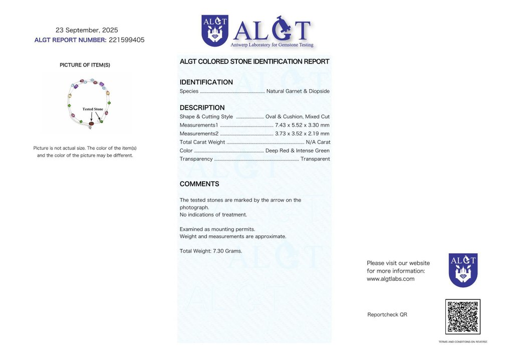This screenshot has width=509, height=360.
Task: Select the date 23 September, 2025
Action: pyautogui.click(x=87, y=30)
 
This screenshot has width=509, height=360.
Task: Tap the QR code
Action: pyautogui.click(x=462, y=317)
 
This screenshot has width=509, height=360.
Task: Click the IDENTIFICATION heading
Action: pyautogui.click(x=206, y=82)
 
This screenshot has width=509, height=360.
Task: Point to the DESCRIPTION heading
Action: pyautogui.click(x=202, y=108)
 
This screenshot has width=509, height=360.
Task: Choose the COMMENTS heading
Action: pyautogui.click(x=199, y=184)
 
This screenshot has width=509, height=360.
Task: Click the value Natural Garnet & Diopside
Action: pyautogui.click(x=298, y=91)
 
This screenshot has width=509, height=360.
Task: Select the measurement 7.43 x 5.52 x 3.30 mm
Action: pyautogui.click(x=302, y=125)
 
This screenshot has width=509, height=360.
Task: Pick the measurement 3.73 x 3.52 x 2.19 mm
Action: pyautogui.click(x=302, y=133)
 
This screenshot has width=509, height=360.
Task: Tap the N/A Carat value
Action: pyautogui.click(x=318, y=142)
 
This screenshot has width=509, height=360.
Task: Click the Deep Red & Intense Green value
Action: pyautogui.click(x=297, y=150)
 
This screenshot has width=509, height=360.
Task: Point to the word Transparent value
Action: pyautogui.click(x=315, y=159)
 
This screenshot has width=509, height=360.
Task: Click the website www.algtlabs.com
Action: pyautogui.click(x=390, y=279)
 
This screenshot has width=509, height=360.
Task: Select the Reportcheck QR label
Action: pyautogui.click(x=387, y=314)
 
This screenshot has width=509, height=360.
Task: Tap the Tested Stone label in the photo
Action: pyautogui.click(x=93, y=109)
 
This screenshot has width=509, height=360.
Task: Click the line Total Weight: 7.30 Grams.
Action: pyautogui.click(x=210, y=251)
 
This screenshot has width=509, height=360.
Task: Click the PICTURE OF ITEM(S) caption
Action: pyautogui.click(x=85, y=65)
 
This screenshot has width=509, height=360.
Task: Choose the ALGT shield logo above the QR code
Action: pyautogui.click(x=463, y=270)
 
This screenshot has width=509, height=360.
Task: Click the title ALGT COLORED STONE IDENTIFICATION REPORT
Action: pyautogui.click(x=254, y=62)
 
